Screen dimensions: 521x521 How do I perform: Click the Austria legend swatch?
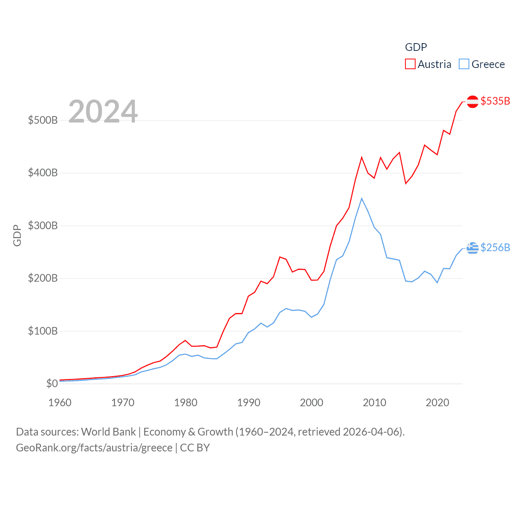410,64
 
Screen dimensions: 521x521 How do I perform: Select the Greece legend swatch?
464,64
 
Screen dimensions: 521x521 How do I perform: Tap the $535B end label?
495,101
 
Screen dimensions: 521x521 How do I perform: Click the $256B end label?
495,247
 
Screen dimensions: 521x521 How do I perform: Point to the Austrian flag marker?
472,101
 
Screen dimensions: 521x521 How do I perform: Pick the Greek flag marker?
472,247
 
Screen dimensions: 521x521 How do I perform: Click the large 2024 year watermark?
103,112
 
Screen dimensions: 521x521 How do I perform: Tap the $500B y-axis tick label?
43,120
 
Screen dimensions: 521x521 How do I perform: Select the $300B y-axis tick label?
43,225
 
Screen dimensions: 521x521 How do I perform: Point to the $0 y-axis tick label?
52,383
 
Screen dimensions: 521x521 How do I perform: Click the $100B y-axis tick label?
43,331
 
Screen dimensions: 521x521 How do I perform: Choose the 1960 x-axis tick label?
60,403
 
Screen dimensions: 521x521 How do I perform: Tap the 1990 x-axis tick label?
249,403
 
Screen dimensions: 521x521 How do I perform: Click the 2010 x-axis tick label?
374,403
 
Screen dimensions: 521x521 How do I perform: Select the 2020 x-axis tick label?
438,403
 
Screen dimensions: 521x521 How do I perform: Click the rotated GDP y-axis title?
17,235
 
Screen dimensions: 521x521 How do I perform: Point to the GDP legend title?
416,47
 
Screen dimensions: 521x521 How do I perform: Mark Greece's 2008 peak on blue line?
361,199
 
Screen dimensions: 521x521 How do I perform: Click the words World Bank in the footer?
108,431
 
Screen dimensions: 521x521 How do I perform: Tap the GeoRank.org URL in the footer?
94,448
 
